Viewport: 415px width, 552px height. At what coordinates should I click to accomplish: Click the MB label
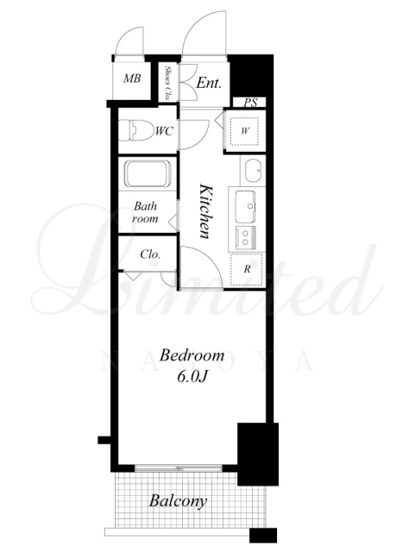click(132, 78)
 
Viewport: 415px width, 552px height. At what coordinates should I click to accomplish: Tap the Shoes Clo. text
click(167, 83)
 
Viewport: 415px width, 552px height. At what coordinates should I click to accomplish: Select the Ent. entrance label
click(209, 83)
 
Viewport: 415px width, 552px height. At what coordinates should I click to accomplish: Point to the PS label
click(251, 103)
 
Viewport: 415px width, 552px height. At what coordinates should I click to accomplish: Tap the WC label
click(164, 131)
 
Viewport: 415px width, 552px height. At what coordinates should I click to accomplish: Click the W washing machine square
click(245, 131)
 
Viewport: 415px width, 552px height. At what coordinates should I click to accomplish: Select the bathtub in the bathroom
click(148, 174)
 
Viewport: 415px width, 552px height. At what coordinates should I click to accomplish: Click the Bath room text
click(145, 212)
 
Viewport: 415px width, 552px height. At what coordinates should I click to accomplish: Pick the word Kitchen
click(205, 210)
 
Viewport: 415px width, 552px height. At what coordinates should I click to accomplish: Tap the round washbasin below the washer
click(254, 171)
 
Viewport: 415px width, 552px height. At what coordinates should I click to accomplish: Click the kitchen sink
click(246, 207)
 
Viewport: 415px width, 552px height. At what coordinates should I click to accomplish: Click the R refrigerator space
click(247, 270)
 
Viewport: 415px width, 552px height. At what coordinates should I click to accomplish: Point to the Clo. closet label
click(150, 254)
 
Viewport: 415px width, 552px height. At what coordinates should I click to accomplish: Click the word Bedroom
click(192, 355)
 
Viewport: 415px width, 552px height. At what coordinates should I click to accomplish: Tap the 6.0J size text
click(192, 377)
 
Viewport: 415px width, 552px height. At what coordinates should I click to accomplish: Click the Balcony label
click(178, 501)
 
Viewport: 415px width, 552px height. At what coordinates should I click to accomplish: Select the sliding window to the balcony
click(179, 468)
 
